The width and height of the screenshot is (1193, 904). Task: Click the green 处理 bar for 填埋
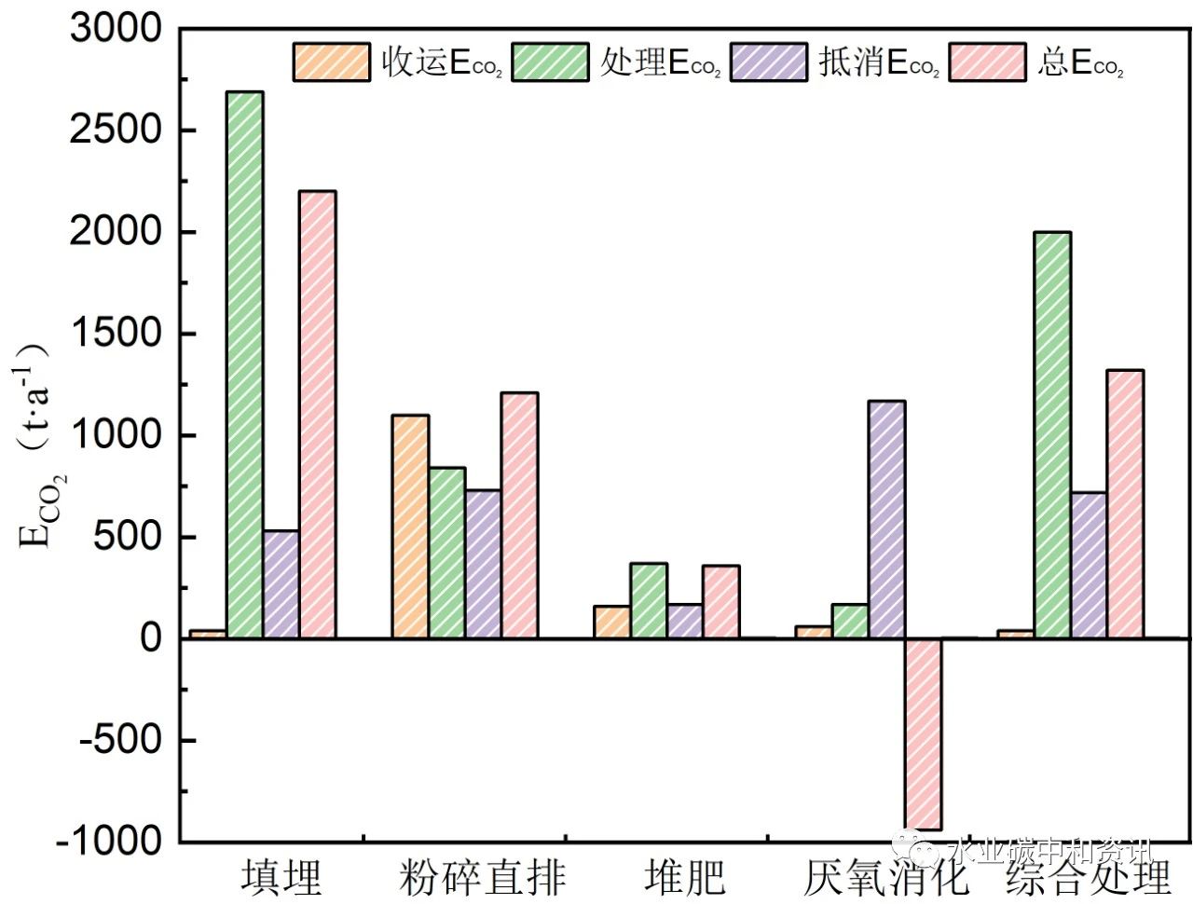tap(245, 364)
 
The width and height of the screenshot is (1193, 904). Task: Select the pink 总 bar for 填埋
tap(318, 415)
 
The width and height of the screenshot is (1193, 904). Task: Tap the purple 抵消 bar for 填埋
tap(281, 584)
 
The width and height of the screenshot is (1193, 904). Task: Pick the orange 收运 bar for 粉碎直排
tap(410, 527)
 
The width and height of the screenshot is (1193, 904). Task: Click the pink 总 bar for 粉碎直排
tap(519, 515)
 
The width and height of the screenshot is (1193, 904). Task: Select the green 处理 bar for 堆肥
tap(649, 601)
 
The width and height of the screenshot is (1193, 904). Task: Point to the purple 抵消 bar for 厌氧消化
tap(886, 519)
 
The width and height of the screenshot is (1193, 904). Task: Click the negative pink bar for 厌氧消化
tap(923, 734)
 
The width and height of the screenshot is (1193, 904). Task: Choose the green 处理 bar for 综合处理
tap(1052, 435)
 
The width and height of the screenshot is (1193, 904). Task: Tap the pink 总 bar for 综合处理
tap(1125, 504)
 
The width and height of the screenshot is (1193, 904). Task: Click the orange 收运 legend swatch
tap(331, 62)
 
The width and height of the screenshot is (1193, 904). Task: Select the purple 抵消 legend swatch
tap(769, 62)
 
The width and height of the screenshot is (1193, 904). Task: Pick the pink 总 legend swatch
tap(987, 62)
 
